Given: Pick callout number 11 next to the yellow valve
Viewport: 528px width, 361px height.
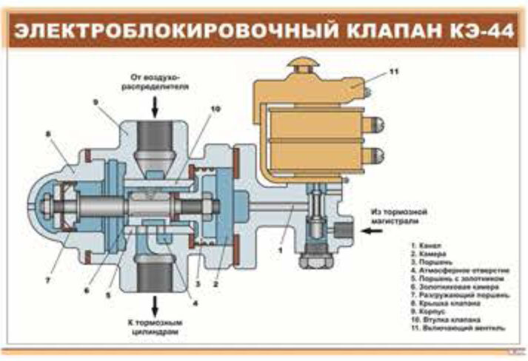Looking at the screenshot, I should tap(394, 72).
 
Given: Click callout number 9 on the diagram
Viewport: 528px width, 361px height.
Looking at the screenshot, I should tap(96, 101).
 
